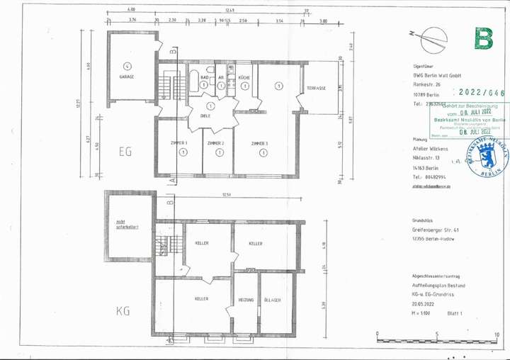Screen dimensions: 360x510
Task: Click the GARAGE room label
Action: coord(127,77)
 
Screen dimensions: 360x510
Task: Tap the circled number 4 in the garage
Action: coord(127,64)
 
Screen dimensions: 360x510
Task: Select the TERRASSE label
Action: coord(316,89)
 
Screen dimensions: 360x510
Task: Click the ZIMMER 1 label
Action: coord(180,143)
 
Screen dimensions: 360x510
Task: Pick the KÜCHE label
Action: coord(243,77)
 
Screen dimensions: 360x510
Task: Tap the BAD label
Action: coord(203,77)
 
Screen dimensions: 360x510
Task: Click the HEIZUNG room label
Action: coord(246,300)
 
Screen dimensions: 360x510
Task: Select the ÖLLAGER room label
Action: coord(273,300)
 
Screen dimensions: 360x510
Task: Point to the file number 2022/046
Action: coord(482,92)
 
